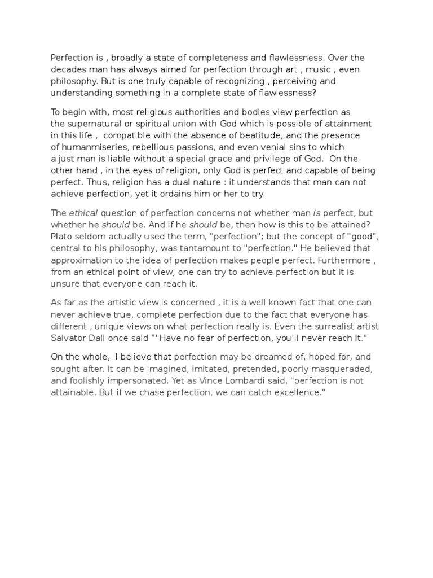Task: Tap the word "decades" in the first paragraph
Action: pos(69,70)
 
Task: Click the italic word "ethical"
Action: pos(83,213)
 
